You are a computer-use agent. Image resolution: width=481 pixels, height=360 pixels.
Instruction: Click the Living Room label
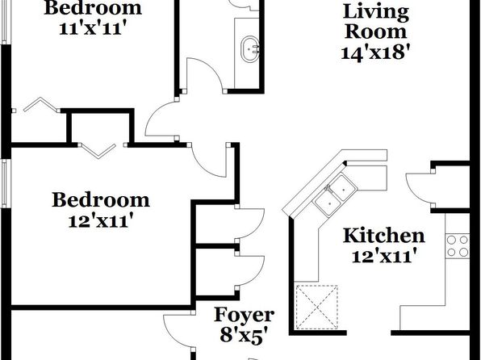[376, 22]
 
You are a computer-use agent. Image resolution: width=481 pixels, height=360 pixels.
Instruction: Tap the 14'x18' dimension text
[375, 53]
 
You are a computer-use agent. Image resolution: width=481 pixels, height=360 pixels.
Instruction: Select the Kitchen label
[384, 236]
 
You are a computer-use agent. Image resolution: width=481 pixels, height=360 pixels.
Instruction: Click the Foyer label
[244, 315]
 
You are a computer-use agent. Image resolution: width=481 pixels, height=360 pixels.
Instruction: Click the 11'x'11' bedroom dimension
[93, 28]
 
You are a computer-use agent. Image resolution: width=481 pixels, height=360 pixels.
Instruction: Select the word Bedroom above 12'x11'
[101, 200]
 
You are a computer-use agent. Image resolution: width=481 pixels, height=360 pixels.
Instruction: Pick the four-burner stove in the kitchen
[458, 246]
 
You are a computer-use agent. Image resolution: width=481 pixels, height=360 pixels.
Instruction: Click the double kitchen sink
[335, 195]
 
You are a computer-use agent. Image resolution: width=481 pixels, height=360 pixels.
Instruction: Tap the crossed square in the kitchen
[317, 308]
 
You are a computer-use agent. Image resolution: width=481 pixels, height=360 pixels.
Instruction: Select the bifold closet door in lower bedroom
[98, 152]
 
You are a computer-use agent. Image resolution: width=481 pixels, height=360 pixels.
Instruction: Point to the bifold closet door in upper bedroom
[41, 104]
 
